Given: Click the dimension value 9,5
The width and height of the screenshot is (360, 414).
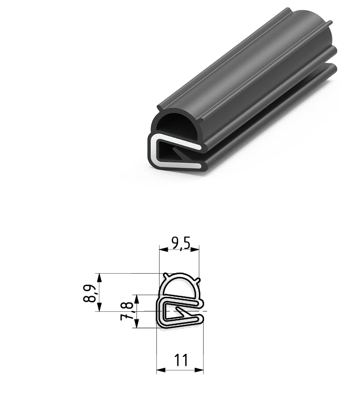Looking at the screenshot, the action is click(x=181, y=243).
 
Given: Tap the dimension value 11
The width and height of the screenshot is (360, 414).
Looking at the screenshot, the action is click(x=181, y=360).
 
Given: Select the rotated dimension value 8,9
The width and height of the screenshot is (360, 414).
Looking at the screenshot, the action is click(x=90, y=294).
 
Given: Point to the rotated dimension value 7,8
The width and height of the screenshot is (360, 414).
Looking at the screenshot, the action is click(x=127, y=311).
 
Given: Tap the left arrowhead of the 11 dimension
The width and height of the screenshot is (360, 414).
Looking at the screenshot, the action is click(x=161, y=370).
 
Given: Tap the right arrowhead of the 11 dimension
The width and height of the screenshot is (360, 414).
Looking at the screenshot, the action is click(x=199, y=370).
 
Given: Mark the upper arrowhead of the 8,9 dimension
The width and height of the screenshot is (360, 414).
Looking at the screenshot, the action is click(x=99, y=278).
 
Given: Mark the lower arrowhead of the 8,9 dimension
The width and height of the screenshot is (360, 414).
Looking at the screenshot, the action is click(x=99, y=307).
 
